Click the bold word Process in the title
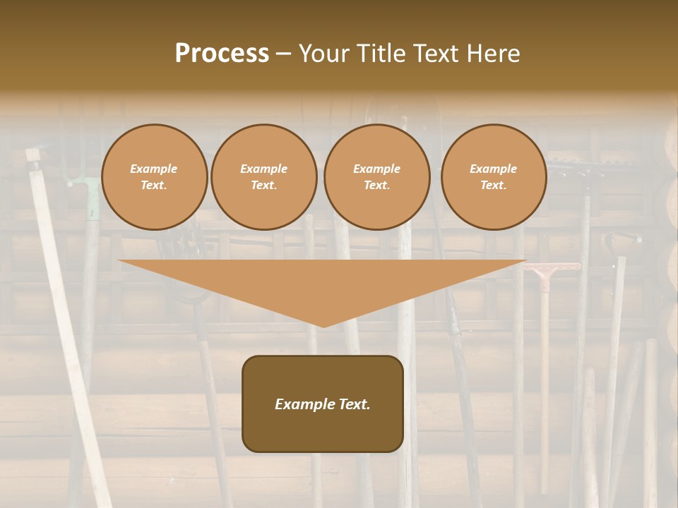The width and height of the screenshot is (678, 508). (x=222, y=54)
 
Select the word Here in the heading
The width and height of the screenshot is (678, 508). (x=492, y=54)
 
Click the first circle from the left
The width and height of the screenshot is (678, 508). (x=154, y=177)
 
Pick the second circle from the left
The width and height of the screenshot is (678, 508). (x=263, y=177)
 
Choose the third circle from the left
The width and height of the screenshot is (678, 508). (x=376, y=177)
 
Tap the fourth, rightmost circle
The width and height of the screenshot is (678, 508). (x=493, y=177)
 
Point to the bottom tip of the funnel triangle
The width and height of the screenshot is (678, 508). (x=323, y=327)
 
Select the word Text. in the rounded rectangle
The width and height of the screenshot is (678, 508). (x=353, y=404)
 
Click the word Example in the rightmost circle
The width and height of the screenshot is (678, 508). (x=493, y=169)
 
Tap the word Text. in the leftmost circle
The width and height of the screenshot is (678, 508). (x=154, y=186)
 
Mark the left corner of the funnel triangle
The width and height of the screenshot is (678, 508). (x=119, y=261)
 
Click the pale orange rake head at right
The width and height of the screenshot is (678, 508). (x=553, y=267)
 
